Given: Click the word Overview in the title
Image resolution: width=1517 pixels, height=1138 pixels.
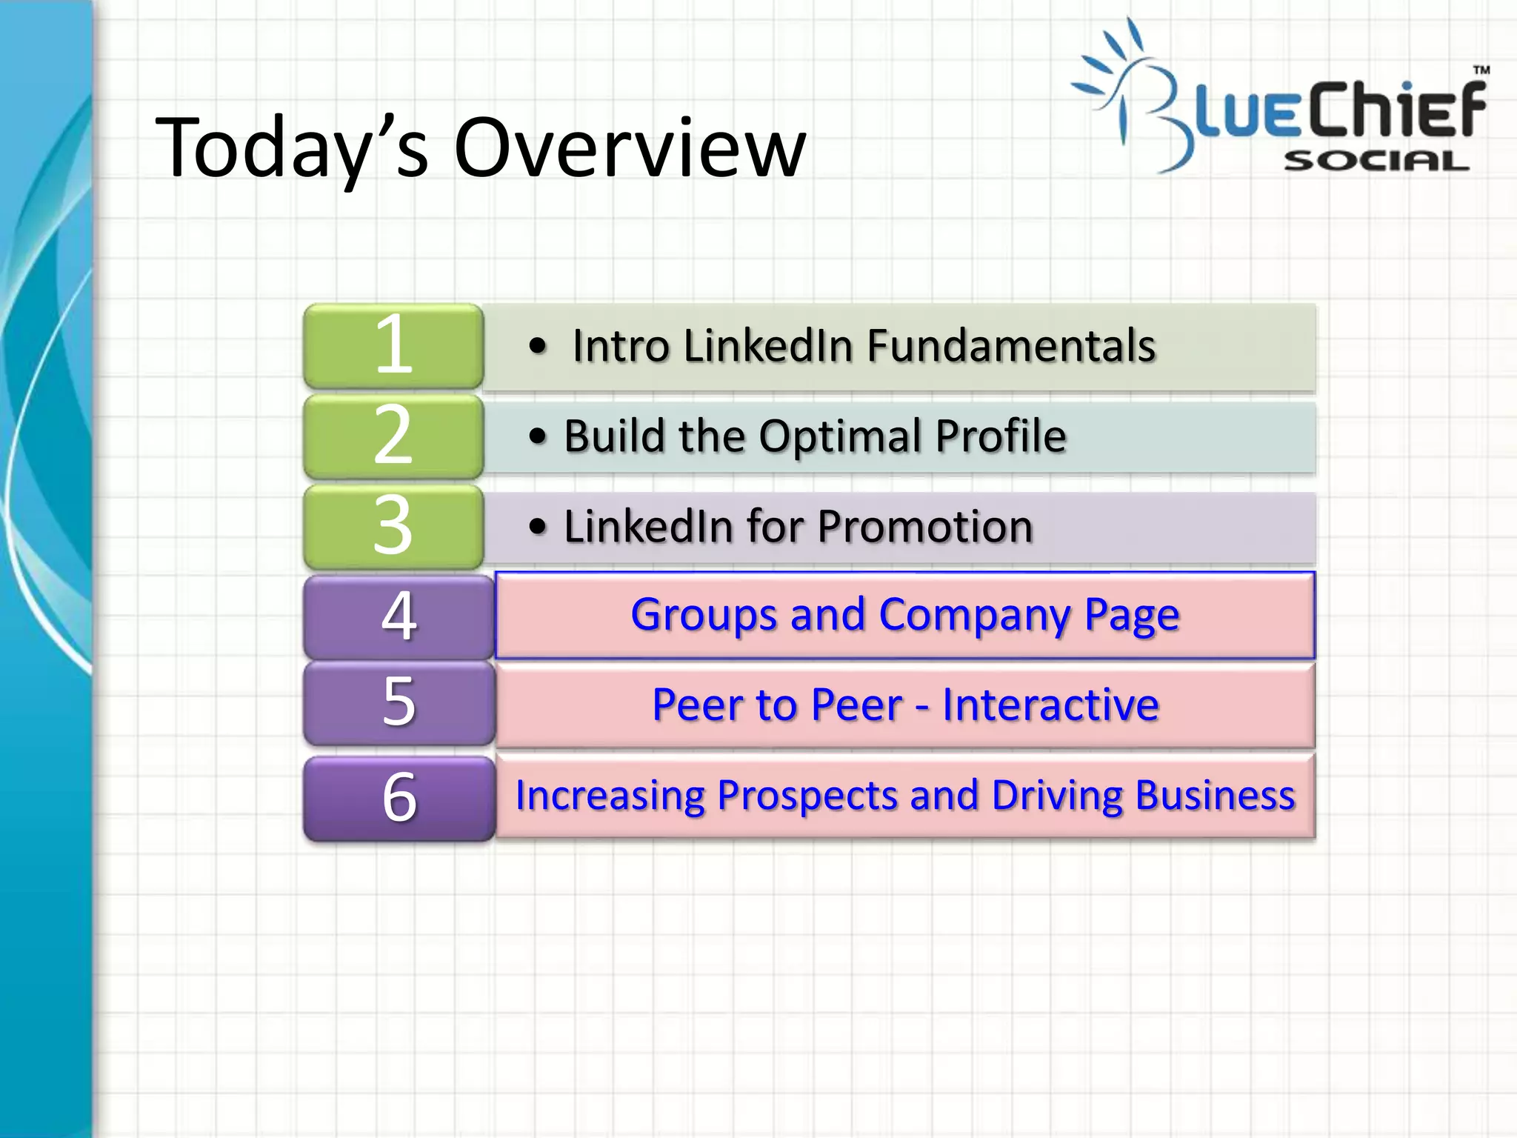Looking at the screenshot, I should point(630,148).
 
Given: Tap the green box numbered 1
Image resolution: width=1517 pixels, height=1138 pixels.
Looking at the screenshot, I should point(393,345).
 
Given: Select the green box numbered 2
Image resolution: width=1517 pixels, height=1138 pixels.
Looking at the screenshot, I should point(393,436).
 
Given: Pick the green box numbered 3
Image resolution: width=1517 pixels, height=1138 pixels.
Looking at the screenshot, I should point(393,526).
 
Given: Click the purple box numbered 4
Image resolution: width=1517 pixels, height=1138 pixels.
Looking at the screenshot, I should point(399,616).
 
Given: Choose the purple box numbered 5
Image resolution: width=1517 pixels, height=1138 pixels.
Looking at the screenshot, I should point(399,702).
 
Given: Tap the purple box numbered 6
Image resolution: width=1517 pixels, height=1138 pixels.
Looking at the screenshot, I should point(399,798).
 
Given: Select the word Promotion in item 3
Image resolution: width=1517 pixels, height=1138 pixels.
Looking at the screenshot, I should point(925,527).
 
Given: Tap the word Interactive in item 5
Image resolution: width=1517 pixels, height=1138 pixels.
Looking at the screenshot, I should point(1050,705).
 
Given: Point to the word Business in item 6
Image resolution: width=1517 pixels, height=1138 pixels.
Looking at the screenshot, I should point(1215,796).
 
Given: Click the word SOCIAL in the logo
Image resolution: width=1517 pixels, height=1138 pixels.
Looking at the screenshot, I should point(1376,161).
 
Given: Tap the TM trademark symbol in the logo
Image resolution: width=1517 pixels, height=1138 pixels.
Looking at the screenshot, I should point(1481,70).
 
